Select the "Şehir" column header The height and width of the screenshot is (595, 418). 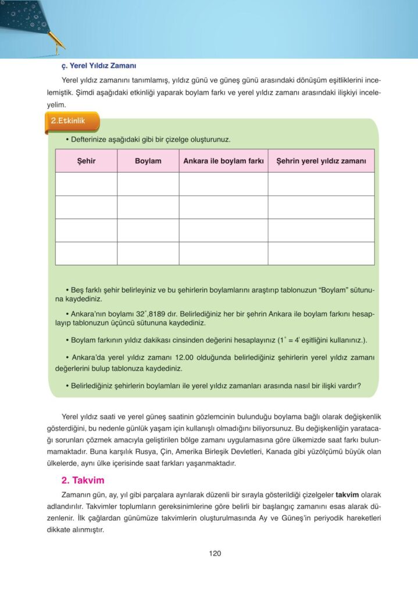coord(86,160)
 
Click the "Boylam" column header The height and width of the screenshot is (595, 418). coord(148,160)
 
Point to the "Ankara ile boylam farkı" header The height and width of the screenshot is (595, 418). coord(223,160)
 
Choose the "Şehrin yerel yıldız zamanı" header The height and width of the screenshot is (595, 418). coord(321,160)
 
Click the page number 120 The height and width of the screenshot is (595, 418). coord(215,554)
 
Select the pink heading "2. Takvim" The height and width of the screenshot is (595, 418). coord(83,480)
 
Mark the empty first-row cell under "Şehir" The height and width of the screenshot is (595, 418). coord(86,184)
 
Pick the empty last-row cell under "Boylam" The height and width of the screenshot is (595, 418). coord(148,253)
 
